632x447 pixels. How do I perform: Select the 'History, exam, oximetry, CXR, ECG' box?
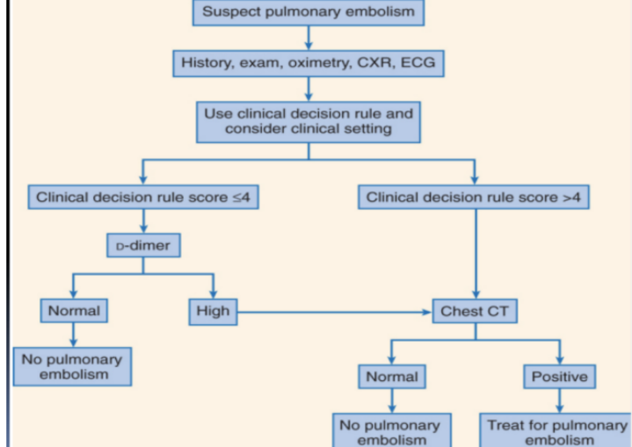(x=307, y=63)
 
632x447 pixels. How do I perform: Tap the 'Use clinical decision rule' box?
(x=307, y=121)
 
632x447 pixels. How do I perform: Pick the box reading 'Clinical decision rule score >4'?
(x=474, y=197)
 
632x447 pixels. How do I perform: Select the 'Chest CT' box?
(x=475, y=310)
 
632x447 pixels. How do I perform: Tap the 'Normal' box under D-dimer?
(x=73, y=310)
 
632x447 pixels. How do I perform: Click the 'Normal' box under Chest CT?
(x=391, y=377)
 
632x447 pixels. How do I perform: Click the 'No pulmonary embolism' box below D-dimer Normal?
(x=73, y=365)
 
